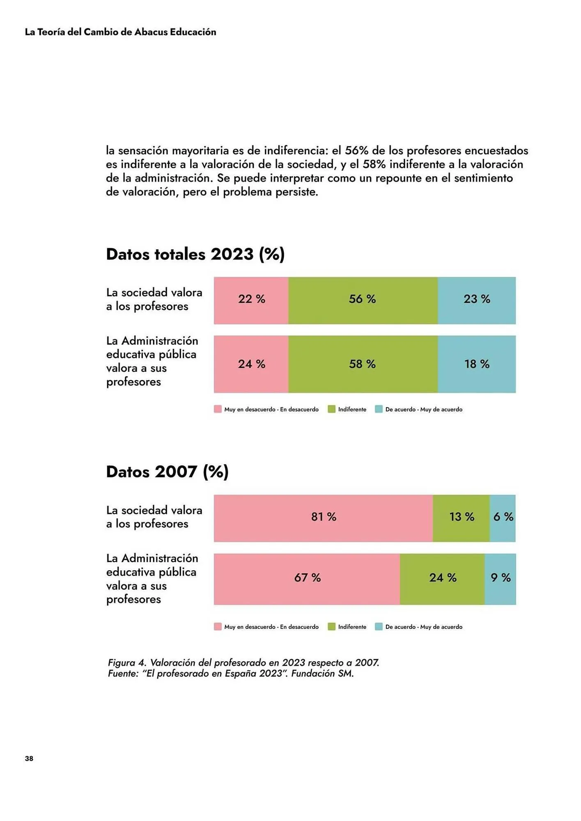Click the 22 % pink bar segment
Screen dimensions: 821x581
tap(251, 300)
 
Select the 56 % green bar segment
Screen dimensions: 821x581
tap(363, 300)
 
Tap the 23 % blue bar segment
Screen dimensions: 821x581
tap(476, 300)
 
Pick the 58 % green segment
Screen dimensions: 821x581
tap(363, 364)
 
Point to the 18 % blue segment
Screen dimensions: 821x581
tap(476, 364)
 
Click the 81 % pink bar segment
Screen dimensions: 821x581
tap(323, 518)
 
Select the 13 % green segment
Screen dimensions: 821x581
tap(461, 518)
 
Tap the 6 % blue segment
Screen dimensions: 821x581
tap(503, 518)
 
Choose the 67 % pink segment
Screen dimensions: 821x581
tap(307, 579)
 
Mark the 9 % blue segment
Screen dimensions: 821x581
tap(500, 579)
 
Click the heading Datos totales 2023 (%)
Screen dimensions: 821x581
tap(195, 254)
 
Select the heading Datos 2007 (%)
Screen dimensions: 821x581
tap(167, 472)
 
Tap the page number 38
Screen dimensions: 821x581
tap(29, 758)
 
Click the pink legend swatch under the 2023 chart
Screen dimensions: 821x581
tap(218, 409)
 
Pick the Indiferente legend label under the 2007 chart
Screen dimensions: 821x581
tap(352, 627)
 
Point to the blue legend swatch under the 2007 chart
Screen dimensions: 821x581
tap(379, 627)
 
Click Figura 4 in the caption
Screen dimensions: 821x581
tap(127, 663)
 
